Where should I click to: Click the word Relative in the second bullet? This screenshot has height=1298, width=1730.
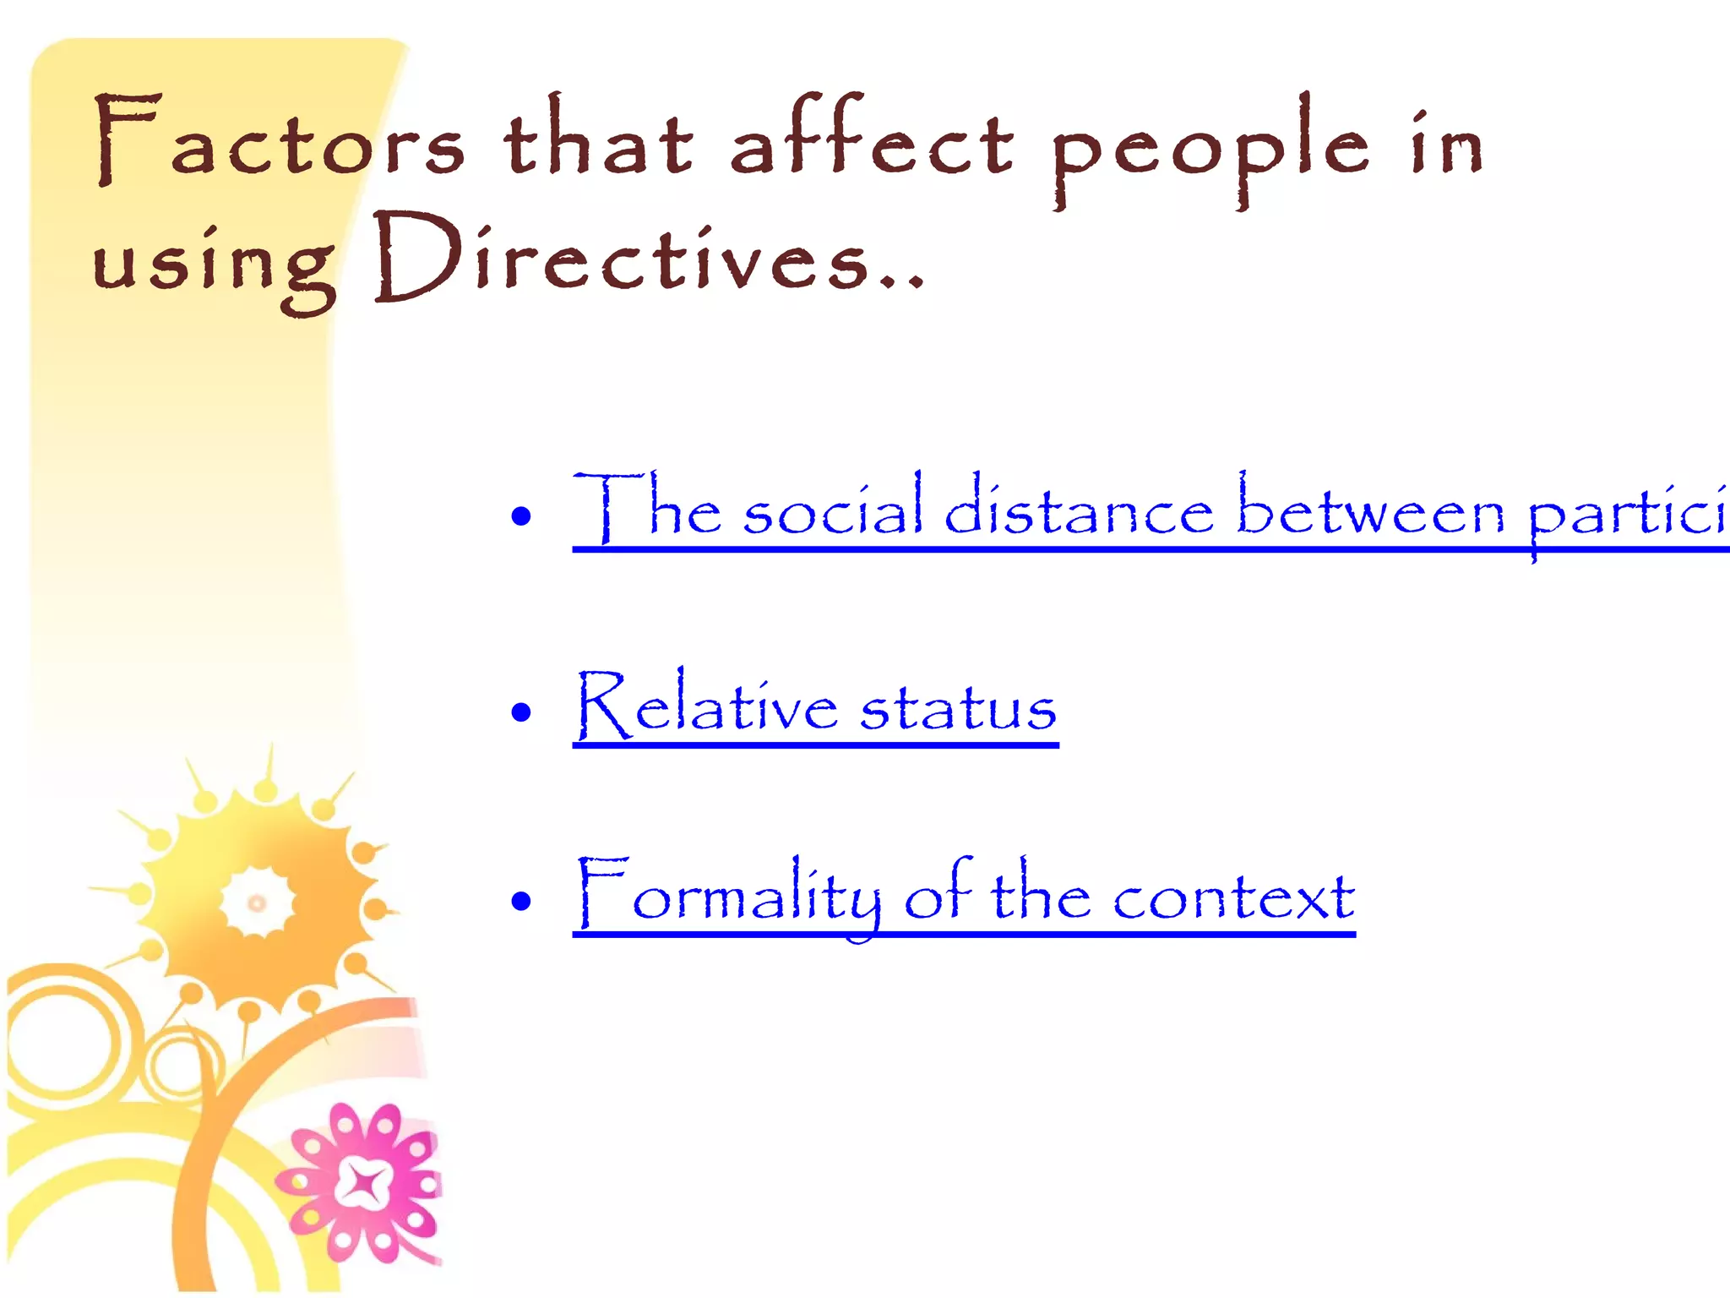[x=706, y=706]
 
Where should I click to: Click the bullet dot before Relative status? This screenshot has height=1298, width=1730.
[x=521, y=712]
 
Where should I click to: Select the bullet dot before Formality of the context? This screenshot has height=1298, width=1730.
[x=521, y=901]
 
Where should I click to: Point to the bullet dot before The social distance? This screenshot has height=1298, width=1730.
[x=521, y=515]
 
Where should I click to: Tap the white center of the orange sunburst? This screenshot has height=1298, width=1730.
[x=257, y=903]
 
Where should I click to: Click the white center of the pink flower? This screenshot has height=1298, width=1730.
[x=364, y=1184]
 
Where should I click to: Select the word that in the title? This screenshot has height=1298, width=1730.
[x=598, y=139]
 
